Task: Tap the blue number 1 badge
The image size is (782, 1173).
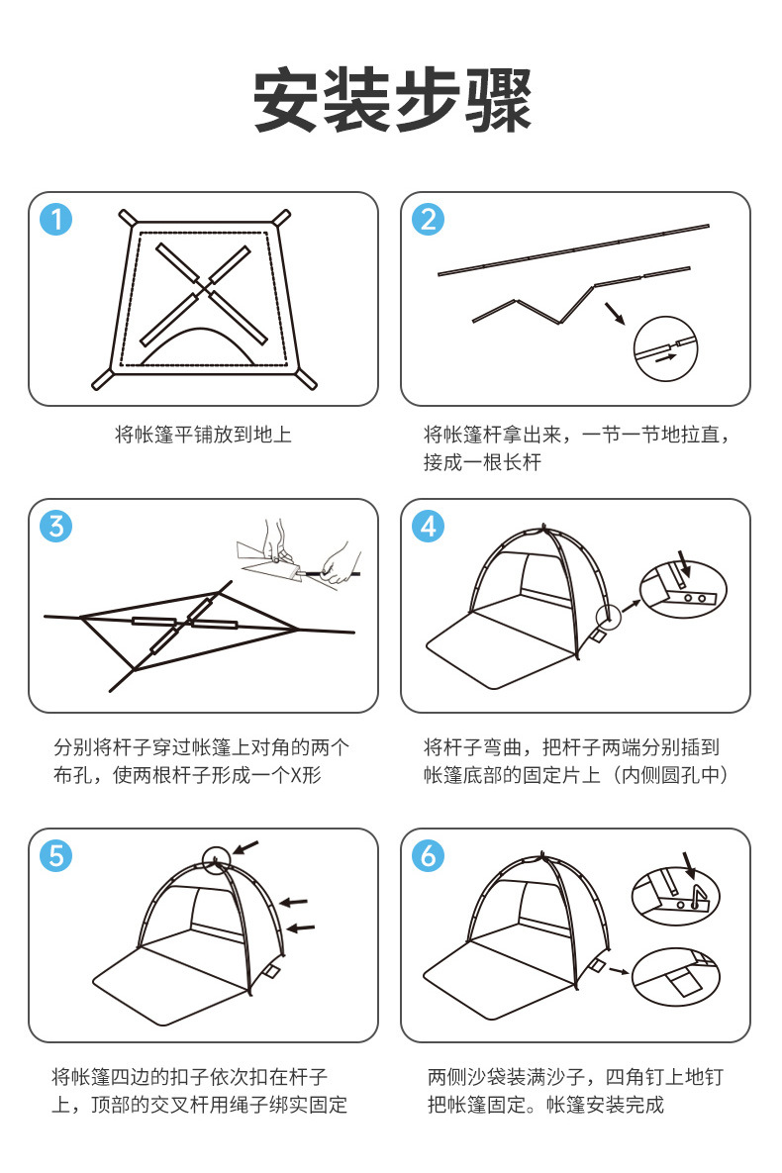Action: [55, 219]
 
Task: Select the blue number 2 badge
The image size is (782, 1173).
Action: [428, 219]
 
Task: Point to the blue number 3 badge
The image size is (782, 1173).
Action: [55, 526]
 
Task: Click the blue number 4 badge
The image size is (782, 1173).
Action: [428, 526]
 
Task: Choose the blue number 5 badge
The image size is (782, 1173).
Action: [55, 855]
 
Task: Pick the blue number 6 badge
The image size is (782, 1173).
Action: [428, 855]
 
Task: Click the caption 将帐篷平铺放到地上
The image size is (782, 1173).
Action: [203, 434]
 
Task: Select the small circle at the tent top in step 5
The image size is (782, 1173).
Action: [215, 857]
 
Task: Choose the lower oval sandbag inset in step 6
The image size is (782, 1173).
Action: [675, 975]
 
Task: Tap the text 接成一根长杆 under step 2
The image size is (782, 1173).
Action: [482, 462]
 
